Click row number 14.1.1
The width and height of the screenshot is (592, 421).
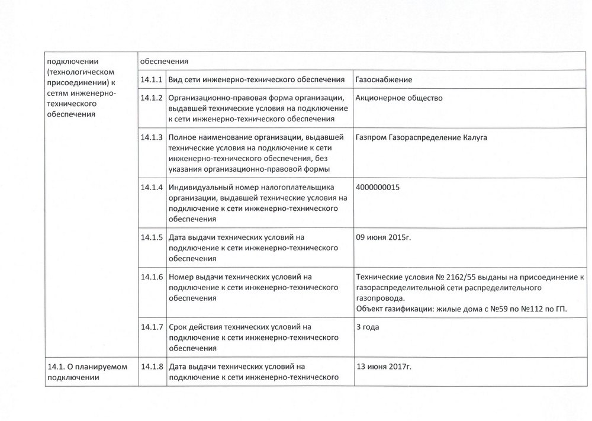(152, 79)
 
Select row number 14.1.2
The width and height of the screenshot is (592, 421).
(152, 98)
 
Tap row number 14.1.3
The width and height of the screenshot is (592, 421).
(152, 137)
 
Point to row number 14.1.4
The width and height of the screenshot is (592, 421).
(152, 187)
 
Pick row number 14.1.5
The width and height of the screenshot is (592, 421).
(152, 237)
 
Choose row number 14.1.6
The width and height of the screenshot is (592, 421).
(152, 277)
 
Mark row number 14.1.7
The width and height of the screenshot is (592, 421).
(152, 326)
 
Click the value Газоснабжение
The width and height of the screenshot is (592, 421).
(384, 79)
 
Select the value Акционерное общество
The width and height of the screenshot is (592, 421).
(400, 98)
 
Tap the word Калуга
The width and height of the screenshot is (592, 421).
(474, 137)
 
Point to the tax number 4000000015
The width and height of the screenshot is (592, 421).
(378, 187)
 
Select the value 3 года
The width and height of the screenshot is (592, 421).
(368, 326)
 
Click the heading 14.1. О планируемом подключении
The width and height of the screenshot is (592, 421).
(87, 372)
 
